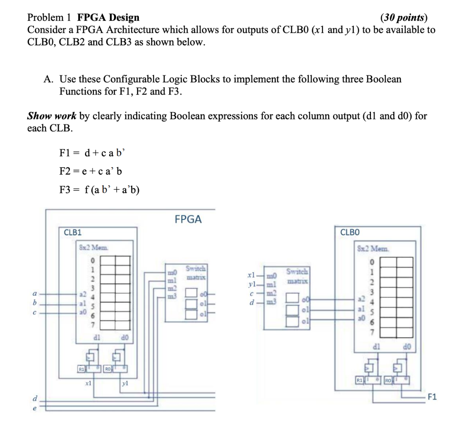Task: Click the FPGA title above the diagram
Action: pos(188,219)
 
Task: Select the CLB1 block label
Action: pos(72,232)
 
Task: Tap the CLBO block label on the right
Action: pos(350,232)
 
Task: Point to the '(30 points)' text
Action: pos(403,18)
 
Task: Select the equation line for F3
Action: pos(99,190)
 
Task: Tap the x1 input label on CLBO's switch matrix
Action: pos(252,275)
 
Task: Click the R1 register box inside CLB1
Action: pos(81,369)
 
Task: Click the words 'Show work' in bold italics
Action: pos(53,116)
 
